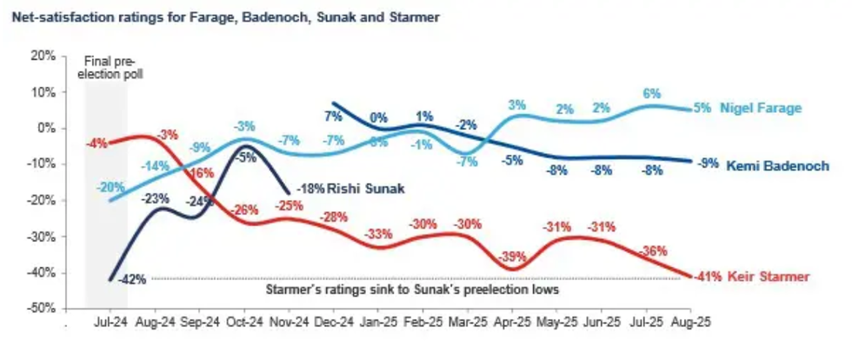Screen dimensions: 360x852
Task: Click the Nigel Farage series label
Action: [x=760, y=109]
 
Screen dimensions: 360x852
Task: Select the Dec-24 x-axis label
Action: [x=333, y=321]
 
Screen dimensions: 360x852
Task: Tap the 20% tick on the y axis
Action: [x=43, y=56]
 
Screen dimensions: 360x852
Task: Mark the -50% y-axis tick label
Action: [x=41, y=309]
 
